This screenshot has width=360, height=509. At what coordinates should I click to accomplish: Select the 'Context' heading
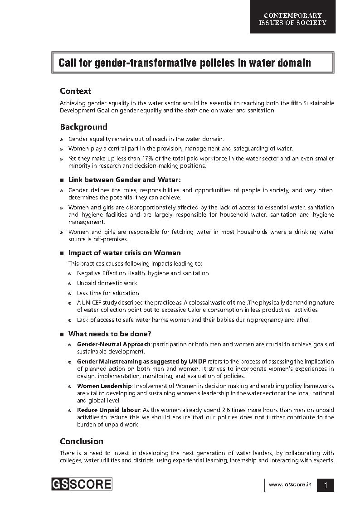coord(75,91)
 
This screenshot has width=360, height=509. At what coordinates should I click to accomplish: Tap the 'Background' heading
coord(83,127)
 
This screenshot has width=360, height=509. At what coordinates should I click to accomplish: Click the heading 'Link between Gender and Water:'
coord(124,180)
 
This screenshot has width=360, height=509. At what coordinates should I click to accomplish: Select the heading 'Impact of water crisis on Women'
coord(124,253)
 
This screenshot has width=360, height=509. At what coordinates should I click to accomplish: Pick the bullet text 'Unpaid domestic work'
coord(107,283)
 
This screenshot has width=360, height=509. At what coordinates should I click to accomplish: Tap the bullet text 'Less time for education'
coord(108,293)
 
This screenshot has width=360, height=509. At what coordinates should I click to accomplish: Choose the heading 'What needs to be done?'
coord(109,334)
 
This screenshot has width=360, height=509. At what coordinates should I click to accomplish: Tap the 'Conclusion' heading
coord(82,441)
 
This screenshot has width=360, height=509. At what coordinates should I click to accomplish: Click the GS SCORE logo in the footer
coord(82,484)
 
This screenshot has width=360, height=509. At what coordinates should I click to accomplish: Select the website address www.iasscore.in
coord(290,485)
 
